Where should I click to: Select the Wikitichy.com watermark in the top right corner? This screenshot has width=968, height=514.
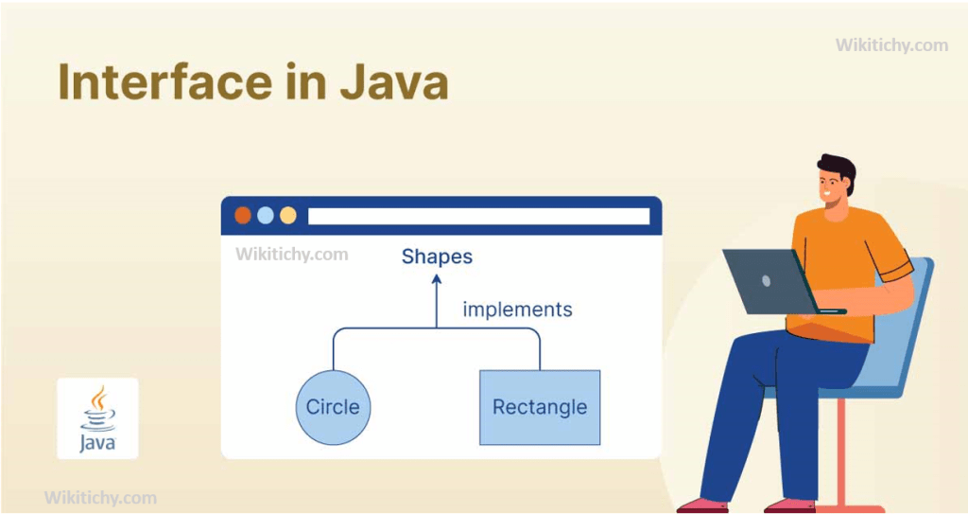891,44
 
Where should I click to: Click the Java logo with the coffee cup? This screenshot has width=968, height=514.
97,417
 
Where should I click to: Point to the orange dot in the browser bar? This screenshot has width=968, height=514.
243,215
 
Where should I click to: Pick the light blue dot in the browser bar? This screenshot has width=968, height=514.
266,215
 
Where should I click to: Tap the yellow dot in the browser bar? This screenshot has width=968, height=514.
288,215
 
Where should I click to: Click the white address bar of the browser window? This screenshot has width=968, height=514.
478,216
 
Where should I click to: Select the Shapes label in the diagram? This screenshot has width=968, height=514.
437,257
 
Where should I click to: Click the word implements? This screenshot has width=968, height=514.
517,310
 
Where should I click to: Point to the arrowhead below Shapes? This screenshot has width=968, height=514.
436,281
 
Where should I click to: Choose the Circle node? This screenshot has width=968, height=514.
333,407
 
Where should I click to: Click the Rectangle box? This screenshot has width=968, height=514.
540,407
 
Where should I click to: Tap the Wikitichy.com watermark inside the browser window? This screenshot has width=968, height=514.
291,254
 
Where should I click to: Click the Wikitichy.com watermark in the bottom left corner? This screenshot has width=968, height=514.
100,498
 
